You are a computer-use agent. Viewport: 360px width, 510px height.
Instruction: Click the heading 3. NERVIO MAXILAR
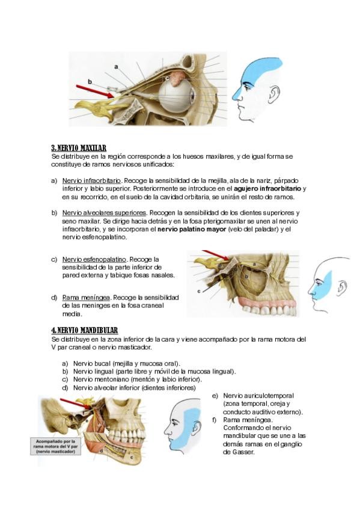(79, 149)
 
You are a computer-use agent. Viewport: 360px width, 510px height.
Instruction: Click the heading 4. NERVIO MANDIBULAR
(85, 330)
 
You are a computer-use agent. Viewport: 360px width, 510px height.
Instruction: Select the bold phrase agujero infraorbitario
(267, 189)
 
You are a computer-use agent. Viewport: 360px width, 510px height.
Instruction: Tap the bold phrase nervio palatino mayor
(192, 229)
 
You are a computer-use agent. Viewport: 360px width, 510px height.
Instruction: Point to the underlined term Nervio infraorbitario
(91, 180)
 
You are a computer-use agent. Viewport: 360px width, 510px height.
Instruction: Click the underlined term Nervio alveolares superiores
(105, 213)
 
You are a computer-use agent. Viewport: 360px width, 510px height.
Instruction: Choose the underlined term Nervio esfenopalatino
(94, 260)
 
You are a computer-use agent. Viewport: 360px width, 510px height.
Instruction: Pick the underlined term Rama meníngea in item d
(86, 298)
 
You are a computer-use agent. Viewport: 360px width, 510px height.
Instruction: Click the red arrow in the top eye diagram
(94, 91)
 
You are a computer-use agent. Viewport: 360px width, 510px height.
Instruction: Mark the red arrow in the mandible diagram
(76, 404)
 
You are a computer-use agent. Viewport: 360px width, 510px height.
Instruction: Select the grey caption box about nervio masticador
(55, 447)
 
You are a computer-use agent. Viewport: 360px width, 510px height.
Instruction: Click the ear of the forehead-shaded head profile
(275, 93)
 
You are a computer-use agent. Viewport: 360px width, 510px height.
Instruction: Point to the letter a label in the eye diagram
(116, 67)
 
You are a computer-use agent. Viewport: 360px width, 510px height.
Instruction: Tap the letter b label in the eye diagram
(90, 82)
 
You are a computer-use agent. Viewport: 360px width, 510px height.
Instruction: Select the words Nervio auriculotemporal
(258, 396)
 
